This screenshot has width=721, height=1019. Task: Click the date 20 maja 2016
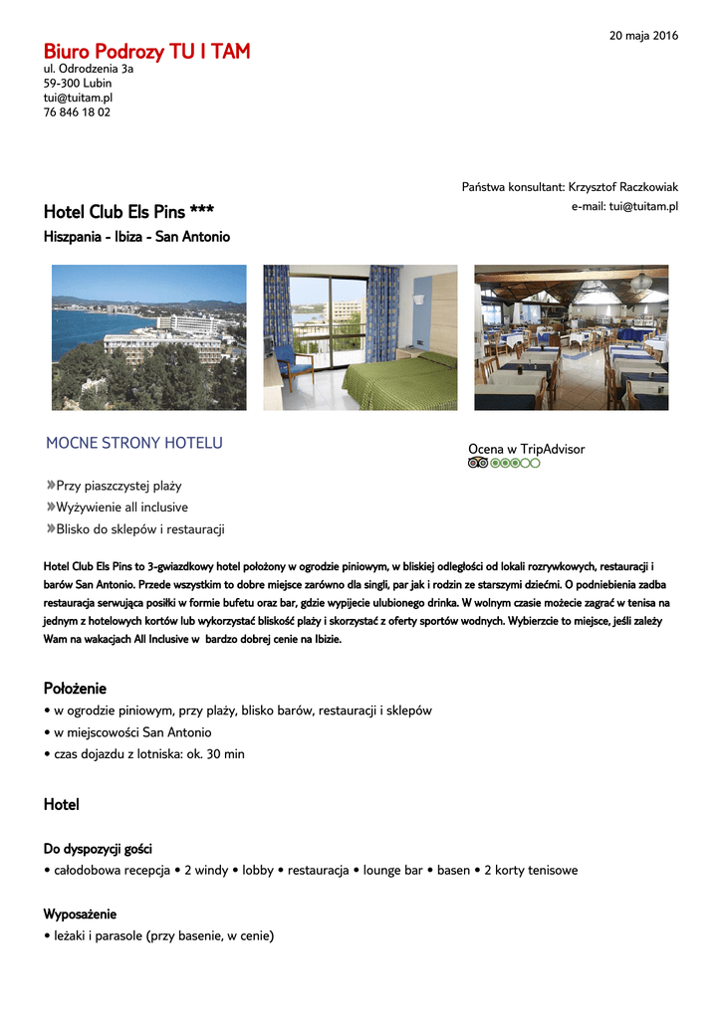point(643,36)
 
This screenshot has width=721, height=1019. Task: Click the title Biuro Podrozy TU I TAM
point(146,52)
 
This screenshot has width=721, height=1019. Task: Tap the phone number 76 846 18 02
point(77,112)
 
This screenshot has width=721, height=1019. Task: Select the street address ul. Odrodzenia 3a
point(89,70)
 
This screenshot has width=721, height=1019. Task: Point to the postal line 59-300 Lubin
point(78,84)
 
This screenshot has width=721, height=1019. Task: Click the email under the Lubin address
point(78,99)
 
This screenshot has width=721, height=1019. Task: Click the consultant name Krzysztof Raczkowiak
point(623,187)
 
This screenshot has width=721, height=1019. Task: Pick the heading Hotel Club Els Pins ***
point(128,212)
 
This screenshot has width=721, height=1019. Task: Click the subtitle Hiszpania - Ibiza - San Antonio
point(136,237)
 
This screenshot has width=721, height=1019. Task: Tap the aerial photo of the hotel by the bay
point(149,337)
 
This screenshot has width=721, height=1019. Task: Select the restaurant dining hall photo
point(571,337)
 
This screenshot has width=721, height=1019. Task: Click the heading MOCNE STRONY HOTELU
point(134,443)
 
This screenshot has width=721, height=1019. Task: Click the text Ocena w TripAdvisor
point(526,449)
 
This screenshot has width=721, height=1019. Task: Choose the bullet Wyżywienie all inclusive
point(121,508)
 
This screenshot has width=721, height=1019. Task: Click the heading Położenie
point(75,689)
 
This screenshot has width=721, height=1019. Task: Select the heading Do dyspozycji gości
point(98,849)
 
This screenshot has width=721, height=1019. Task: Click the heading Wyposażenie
point(80,914)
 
